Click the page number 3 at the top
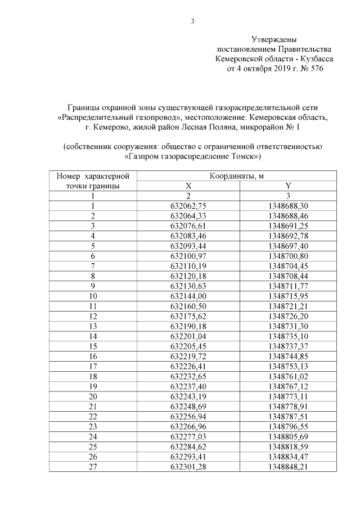point(192,22)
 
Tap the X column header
point(188,186)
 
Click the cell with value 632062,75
point(188,206)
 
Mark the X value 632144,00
point(188,295)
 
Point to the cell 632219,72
point(188,355)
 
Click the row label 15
point(93,345)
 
